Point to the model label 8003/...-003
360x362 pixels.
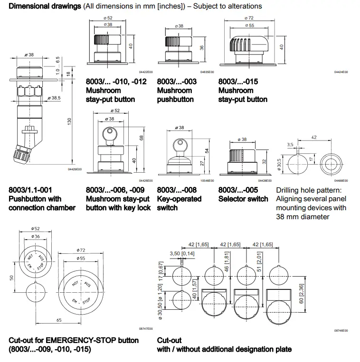[177, 82]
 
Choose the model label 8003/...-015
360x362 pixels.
[238, 82]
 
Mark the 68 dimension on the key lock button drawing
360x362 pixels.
[142, 138]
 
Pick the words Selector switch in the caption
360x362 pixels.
[243, 199]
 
